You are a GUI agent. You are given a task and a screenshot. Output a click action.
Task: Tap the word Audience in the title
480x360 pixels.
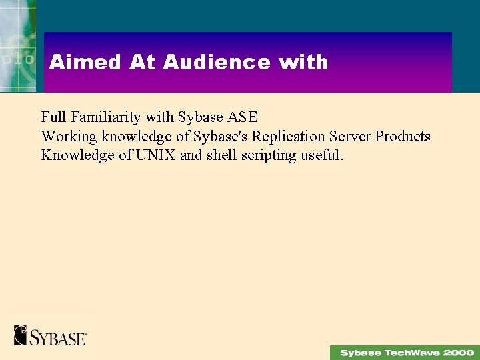coord(217,63)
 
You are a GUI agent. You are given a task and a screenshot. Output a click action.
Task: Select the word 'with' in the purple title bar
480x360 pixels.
coord(303,63)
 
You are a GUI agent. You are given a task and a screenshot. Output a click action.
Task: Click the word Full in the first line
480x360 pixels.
coord(53,117)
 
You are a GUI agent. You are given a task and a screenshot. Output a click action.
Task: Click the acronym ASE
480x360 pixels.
coord(242,117)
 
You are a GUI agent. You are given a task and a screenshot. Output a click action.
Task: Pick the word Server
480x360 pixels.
coord(349,137)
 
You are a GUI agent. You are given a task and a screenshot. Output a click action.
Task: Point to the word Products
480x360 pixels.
coord(403,137)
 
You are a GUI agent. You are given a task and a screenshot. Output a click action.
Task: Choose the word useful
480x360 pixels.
coord(322,156)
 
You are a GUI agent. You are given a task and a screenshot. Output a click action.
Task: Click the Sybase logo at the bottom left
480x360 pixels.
coord(50,335)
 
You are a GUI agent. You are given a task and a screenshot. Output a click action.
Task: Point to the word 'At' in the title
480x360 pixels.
coord(143,63)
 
